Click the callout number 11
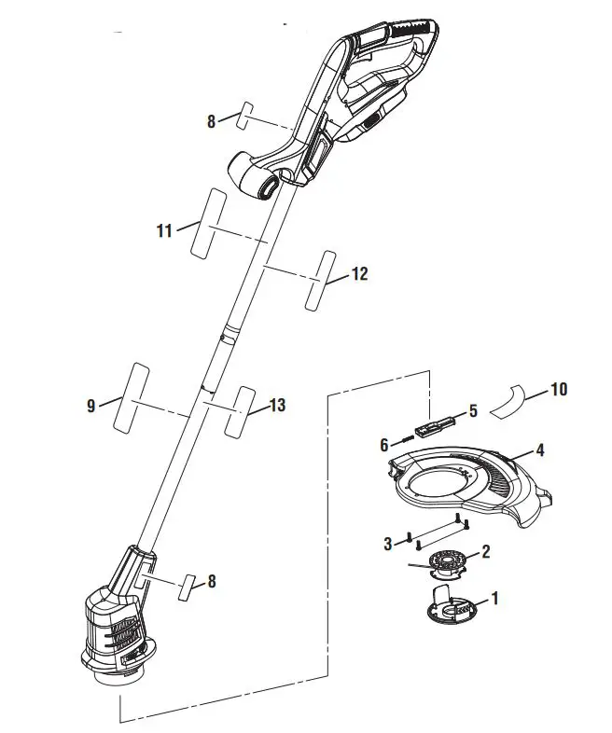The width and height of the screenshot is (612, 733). coord(164,230)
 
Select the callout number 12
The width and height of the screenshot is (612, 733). coord(359,274)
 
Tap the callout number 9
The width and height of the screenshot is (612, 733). coord(90,406)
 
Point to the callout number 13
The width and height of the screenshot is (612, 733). coord(277,405)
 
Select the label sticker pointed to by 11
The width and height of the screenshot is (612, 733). coord(208,224)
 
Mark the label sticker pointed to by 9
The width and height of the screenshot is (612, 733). coord(132,398)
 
